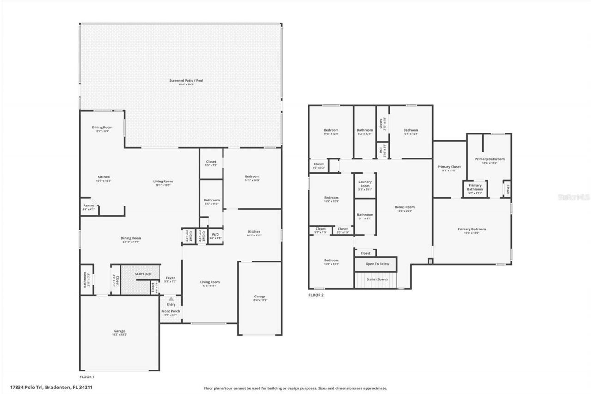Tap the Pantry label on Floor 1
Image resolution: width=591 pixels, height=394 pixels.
coord(89,206)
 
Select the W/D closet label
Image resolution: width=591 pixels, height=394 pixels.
coord(216,234)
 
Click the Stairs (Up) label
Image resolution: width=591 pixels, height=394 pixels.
coord(143,274)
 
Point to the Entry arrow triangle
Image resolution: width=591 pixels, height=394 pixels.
coord(171,299)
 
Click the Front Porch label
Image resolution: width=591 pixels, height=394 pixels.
coord(170,311)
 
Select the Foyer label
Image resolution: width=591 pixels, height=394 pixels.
coord(170,278)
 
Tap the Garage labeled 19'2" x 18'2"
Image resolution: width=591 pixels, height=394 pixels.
coord(120,331)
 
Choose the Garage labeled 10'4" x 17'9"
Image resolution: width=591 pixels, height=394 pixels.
coord(260,297)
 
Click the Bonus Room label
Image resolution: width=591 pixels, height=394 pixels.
coord(404,207)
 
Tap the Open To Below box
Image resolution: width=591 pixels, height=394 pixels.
coord(377,264)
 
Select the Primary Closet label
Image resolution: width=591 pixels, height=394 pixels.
coord(449,167)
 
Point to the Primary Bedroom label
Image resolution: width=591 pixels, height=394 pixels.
coord(471,229)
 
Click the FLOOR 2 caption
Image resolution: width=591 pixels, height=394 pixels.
coord(316,295)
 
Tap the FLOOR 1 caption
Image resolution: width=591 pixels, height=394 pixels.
coord(87,377)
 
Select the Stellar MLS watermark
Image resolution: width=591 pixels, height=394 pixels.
coord(574,197)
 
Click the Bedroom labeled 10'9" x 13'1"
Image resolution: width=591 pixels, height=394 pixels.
coord(331,261)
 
